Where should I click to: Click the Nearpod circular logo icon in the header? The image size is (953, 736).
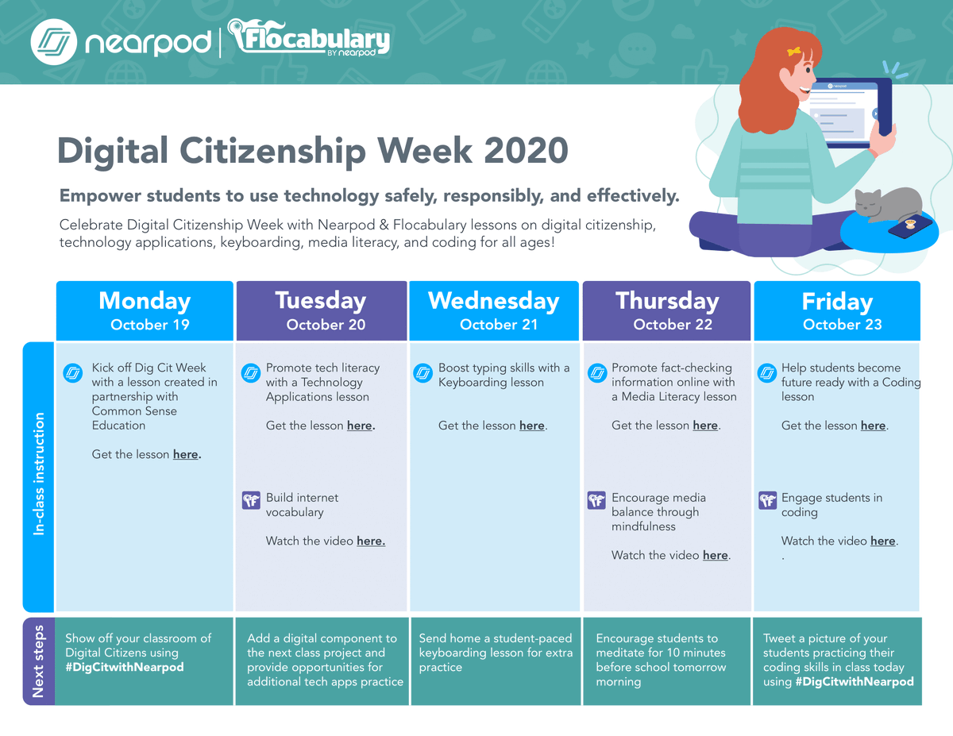(53, 41)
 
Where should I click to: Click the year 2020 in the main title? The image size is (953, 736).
(527, 151)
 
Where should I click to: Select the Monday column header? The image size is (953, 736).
(145, 301)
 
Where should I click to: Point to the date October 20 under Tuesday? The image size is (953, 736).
(326, 324)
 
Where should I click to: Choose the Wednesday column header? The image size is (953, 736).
(493, 301)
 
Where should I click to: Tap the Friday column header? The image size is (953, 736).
(837, 302)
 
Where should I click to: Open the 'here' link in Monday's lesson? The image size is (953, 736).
(186, 455)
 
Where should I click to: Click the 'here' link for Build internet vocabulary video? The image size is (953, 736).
(370, 541)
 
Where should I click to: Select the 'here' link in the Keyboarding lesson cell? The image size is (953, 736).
(531, 426)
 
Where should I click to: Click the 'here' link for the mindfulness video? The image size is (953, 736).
(715, 556)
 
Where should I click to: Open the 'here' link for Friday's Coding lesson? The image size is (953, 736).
(873, 426)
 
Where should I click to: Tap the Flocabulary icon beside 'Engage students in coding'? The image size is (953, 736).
(767, 500)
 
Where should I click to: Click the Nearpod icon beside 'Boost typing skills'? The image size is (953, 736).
(423, 372)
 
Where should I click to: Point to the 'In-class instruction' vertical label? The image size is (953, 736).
(39, 473)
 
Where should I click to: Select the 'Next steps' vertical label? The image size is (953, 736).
(39, 661)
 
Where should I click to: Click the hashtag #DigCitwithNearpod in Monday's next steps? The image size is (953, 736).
(125, 667)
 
